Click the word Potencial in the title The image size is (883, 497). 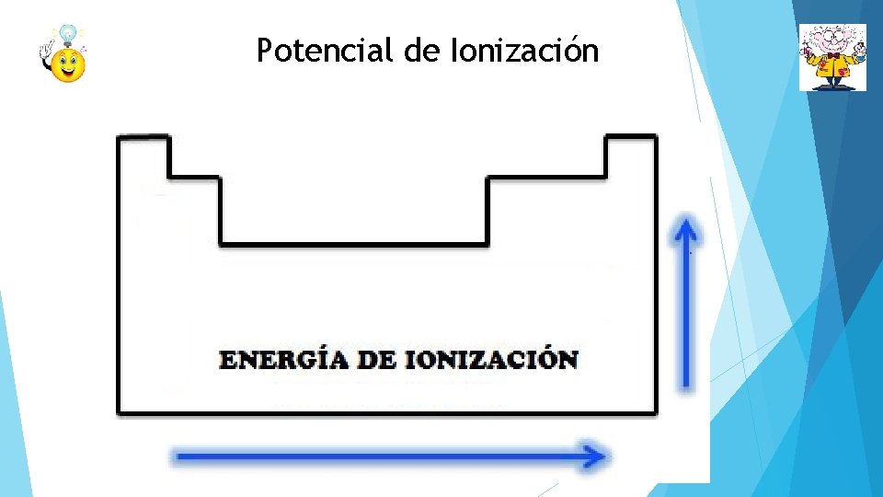tap(326, 51)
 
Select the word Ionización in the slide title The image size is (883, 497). tap(524, 51)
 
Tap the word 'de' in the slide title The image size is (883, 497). tap(422, 51)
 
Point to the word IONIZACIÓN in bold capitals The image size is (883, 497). tap(491, 359)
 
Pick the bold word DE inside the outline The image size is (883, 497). tap(375, 359)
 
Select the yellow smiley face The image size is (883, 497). tap(67, 64)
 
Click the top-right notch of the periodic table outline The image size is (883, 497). tap(631, 138)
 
